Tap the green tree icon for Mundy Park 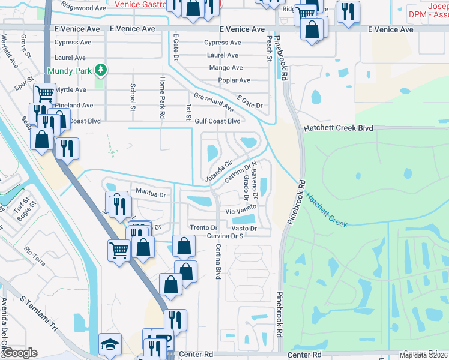(x=101, y=70)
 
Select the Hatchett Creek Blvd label (x=339, y=128)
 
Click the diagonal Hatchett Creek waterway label (x=326, y=209)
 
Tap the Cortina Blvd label (x=218, y=260)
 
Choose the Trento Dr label (x=203, y=228)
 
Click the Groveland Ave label (x=213, y=102)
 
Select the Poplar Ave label (x=235, y=80)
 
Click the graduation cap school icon (x=110, y=344)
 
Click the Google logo (x=19, y=353)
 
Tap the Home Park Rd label (x=162, y=97)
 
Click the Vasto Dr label (x=244, y=229)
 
